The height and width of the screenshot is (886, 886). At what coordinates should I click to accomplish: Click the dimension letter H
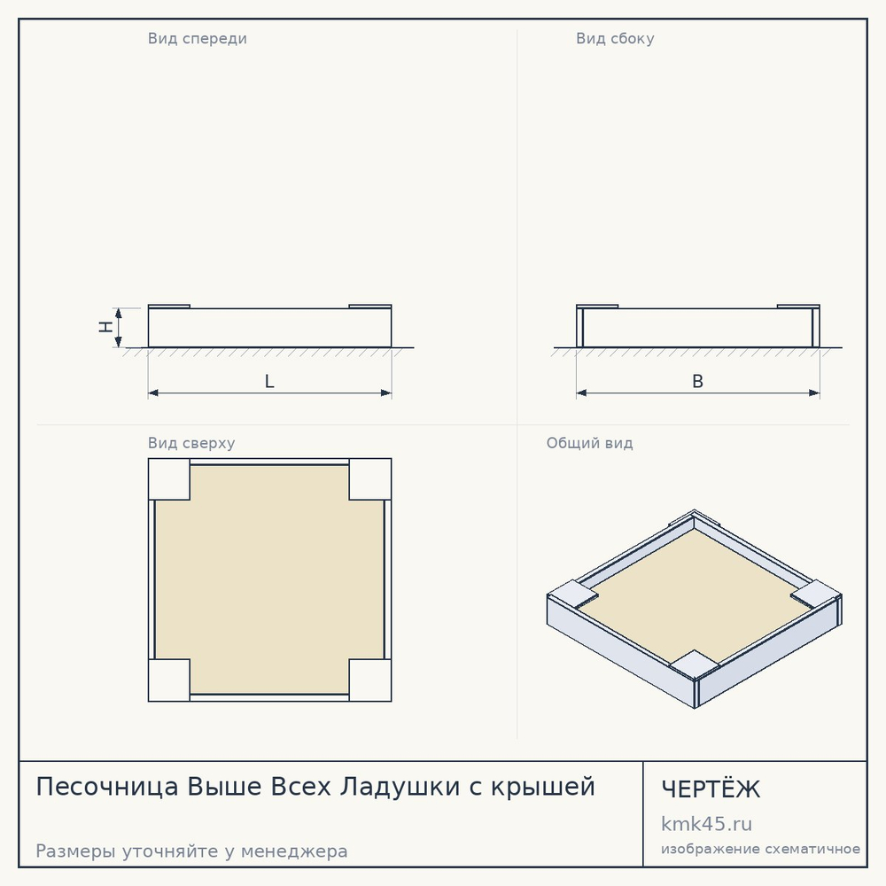click(x=105, y=327)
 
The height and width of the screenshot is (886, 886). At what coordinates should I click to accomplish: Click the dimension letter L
click(x=269, y=381)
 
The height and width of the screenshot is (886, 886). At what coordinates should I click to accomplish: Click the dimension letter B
click(x=698, y=381)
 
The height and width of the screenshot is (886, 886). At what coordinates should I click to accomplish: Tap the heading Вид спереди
click(x=198, y=38)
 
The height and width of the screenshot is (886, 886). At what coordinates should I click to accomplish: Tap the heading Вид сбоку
click(x=615, y=38)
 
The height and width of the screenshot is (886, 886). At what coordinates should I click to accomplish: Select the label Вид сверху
click(x=191, y=443)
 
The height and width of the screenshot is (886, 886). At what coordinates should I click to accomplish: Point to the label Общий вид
click(x=589, y=443)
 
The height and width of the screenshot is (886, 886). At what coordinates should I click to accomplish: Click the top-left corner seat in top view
click(x=169, y=479)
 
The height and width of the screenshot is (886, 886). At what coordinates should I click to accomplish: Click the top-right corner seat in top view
click(x=370, y=479)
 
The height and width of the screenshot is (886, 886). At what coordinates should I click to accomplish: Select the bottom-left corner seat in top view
click(x=169, y=680)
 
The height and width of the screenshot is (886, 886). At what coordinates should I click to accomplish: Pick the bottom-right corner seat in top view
click(x=370, y=680)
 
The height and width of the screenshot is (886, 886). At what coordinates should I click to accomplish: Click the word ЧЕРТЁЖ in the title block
click(x=711, y=789)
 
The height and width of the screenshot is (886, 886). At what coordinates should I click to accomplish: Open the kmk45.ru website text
click(x=706, y=824)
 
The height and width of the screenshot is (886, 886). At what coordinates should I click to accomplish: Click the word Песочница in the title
click(x=107, y=787)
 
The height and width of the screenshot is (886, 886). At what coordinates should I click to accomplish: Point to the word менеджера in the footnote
click(x=294, y=851)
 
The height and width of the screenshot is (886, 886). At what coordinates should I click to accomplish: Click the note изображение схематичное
click(x=760, y=850)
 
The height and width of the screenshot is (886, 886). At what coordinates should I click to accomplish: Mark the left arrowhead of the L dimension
click(x=153, y=392)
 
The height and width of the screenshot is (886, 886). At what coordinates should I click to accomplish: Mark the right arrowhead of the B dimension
click(x=814, y=392)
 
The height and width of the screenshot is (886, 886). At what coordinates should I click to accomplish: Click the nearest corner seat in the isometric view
click(x=695, y=664)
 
